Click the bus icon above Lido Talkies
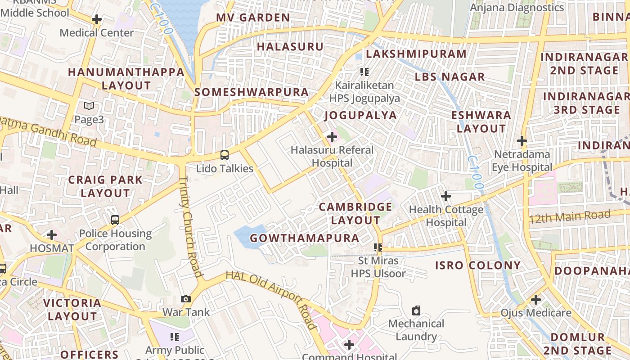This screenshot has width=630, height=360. click(224, 155)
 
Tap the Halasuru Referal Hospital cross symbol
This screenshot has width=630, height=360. click(332, 136)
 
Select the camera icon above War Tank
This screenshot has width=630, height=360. click(185, 299)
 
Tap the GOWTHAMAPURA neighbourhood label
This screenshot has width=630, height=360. click(305, 238)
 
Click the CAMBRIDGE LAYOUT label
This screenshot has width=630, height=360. click(355, 214)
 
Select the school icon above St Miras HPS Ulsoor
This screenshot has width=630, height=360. click(378, 247)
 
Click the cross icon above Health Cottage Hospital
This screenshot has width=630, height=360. click(445, 196)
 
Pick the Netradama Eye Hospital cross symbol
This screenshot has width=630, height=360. click(522, 141)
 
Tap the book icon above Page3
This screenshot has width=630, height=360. click(89, 106)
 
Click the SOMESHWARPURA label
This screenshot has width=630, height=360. click(252, 92)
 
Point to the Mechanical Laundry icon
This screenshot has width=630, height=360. click(416, 310)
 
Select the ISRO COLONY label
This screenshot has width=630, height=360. click(477, 265)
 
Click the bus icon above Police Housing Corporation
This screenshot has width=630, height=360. click(115, 220)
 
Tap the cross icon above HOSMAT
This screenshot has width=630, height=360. click(52, 235)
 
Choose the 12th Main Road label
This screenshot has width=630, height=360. click(570, 217)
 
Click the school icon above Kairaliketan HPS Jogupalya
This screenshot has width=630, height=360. click(364, 72)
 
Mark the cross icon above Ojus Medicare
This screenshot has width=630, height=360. click(535, 299)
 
